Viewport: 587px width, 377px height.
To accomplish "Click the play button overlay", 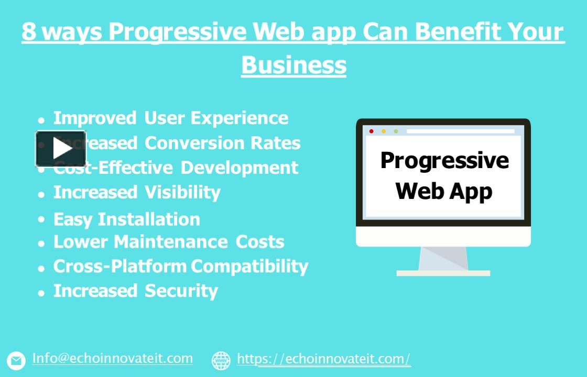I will (61, 149).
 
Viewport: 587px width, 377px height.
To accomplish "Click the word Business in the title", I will (293, 65).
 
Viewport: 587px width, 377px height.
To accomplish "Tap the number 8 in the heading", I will (29, 32).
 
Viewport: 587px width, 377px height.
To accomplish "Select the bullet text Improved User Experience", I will (171, 118).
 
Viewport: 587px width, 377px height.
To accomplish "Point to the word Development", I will (240, 168).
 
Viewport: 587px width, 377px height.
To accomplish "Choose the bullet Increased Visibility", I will (137, 192).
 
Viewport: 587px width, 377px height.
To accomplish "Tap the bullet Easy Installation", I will (127, 219).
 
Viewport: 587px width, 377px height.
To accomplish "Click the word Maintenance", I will (170, 242).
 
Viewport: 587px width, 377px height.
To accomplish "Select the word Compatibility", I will (249, 266).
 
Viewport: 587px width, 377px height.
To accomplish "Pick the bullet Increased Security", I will (135, 291).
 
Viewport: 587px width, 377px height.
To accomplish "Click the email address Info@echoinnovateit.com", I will (113, 359).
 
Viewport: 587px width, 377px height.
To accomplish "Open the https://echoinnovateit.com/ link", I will (323, 359).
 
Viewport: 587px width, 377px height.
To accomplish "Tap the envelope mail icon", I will (16, 360).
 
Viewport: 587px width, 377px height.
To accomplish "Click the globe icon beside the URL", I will (221, 360).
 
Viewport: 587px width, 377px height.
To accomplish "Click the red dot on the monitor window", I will (372, 131).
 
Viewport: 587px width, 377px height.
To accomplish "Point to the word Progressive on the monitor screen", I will (444, 160).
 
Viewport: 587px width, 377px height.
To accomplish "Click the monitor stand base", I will (443, 273).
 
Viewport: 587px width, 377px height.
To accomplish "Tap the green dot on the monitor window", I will (396, 131).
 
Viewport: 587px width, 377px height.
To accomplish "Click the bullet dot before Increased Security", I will (41, 293).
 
